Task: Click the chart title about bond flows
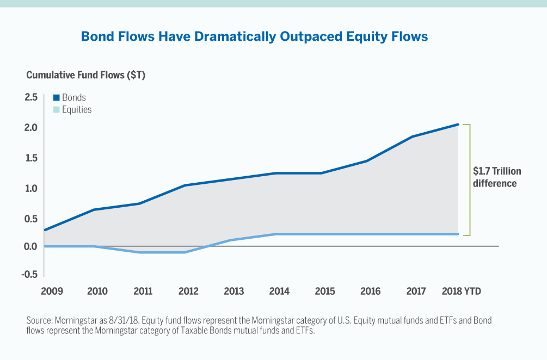coord(254,36)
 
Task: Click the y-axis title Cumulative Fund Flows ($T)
coord(85,75)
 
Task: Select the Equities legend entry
coord(72,110)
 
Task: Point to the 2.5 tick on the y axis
coord(31,97)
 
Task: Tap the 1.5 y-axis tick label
coord(31,158)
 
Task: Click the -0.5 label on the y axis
coord(29,274)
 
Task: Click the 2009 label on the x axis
coord(52,291)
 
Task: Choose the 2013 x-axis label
coord(234,291)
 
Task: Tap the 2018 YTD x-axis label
coord(461,291)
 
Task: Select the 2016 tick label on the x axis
coord(370,291)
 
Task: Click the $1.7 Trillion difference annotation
coord(496,177)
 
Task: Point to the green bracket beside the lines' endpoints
coord(469,179)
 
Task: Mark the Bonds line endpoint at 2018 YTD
coord(458,125)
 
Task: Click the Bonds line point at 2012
coord(186,185)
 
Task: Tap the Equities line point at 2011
coord(140,252)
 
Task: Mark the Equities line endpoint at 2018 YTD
coord(458,234)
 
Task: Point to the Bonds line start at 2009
coord(45,230)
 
